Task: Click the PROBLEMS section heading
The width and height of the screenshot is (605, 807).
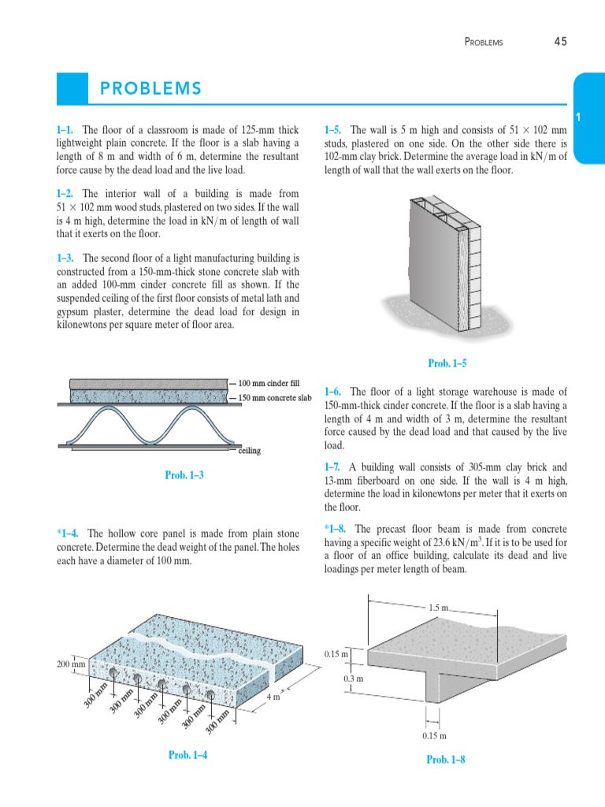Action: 150,88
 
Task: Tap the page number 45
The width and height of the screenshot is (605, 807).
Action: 560,41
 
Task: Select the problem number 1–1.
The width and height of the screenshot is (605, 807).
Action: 66,130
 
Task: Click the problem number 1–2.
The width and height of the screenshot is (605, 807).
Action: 66,193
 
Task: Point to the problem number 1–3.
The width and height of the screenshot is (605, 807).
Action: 66,258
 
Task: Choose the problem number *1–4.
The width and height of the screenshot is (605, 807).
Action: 69,534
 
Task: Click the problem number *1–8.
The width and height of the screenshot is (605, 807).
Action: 336,528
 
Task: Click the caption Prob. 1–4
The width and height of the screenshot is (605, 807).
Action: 190,755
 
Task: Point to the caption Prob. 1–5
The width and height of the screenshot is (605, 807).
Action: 447,363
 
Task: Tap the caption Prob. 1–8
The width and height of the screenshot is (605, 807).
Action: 446,760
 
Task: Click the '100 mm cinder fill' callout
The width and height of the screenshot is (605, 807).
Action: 270,383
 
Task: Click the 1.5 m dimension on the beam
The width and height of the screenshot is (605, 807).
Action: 439,608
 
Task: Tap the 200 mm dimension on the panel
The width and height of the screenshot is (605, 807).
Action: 70,664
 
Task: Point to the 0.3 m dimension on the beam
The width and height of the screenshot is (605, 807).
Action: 353,678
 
